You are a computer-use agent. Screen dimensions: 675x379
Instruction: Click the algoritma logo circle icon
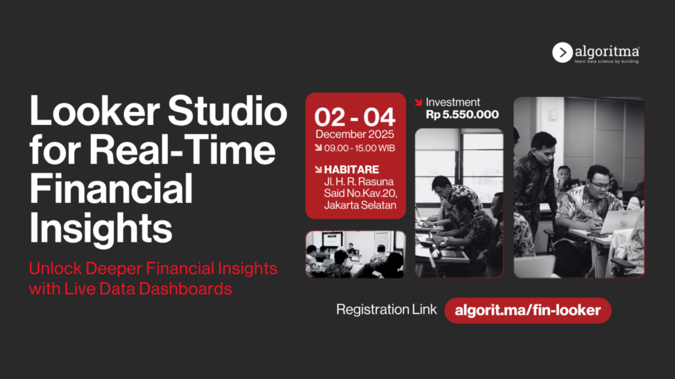tap(562, 52)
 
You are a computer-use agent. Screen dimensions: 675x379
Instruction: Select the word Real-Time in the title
tap(182, 150)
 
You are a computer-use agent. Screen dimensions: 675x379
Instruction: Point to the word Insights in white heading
tap(101, 228)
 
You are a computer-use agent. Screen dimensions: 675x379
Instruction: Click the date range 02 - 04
tap(355, 117)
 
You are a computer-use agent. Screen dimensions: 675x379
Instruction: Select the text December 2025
tap(355, 134)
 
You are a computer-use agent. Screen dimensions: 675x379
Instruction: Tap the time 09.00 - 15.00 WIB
tap(360, 149)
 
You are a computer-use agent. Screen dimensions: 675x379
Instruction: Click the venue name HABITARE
tap(351, 170)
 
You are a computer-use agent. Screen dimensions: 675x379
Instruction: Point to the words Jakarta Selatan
tap(360, 205)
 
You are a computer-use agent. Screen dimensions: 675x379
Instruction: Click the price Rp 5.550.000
tap(462, 115)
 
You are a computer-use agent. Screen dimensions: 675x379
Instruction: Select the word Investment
tap(452, 102)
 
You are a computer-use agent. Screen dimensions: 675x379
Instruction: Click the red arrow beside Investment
tap(418, 102)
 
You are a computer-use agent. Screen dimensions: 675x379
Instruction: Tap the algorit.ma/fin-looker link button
tap(528, 311)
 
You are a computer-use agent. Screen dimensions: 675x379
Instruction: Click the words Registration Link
tap(386, 310)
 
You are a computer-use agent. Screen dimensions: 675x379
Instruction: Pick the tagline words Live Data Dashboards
tap(148, 289)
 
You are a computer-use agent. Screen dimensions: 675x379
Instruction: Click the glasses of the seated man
tap(600, 185)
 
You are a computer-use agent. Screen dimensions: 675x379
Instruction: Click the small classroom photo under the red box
tap(356, 254)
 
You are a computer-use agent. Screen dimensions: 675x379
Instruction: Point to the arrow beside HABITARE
tap(318, 170)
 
